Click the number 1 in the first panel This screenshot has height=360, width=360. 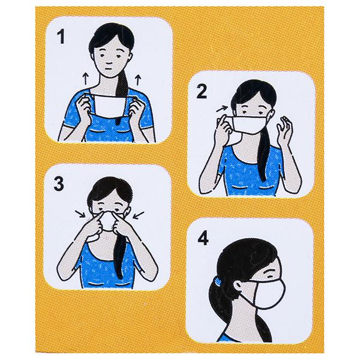61,37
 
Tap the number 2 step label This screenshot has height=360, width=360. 202,91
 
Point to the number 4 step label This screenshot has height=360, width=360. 203,238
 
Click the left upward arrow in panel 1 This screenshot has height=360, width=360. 85,78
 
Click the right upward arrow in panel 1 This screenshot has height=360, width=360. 138,79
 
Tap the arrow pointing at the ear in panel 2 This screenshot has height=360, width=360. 222,109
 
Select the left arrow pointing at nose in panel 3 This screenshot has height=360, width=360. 80,214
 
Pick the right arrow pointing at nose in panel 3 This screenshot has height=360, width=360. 139,215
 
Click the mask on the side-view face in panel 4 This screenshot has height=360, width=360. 270,295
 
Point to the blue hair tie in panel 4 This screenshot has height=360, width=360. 217,281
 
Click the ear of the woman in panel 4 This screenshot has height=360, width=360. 238,286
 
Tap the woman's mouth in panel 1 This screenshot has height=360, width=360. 110,68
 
